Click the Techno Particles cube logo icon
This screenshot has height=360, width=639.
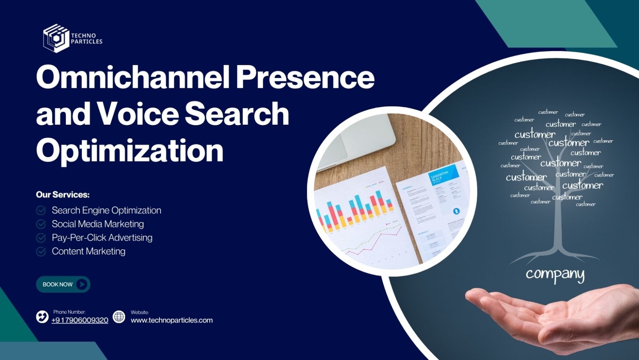point(56,38)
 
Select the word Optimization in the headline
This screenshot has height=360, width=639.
point(129,151)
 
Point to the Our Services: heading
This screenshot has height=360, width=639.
point(63,195)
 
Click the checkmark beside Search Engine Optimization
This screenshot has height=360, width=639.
point(41,211)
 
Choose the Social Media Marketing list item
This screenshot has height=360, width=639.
point(97,224)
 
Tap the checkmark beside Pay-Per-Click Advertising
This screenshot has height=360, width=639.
point(41,238)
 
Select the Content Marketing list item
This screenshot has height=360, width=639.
point(88,251)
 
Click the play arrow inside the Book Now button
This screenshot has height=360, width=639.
point(82,284)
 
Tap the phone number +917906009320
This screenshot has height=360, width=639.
point(80,320)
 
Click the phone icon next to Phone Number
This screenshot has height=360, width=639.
point(42,317)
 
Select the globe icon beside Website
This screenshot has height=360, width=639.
point(119,317)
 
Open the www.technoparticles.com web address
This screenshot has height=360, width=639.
point(172,320)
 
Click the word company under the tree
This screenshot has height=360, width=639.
point(555,274)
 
